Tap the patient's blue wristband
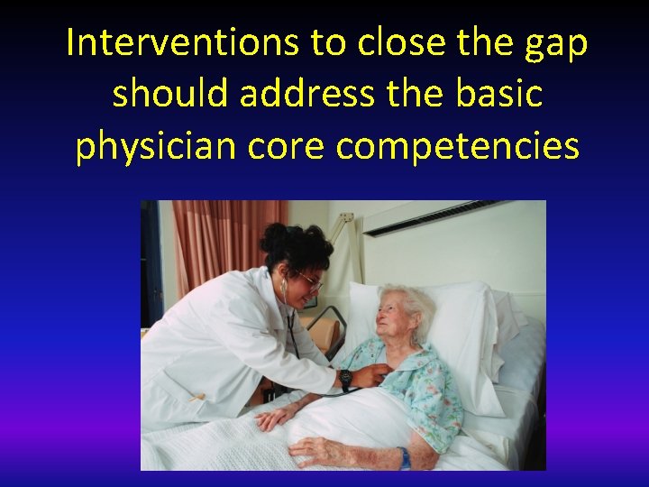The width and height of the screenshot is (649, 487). pyautogui.click(x=405, y=458)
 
